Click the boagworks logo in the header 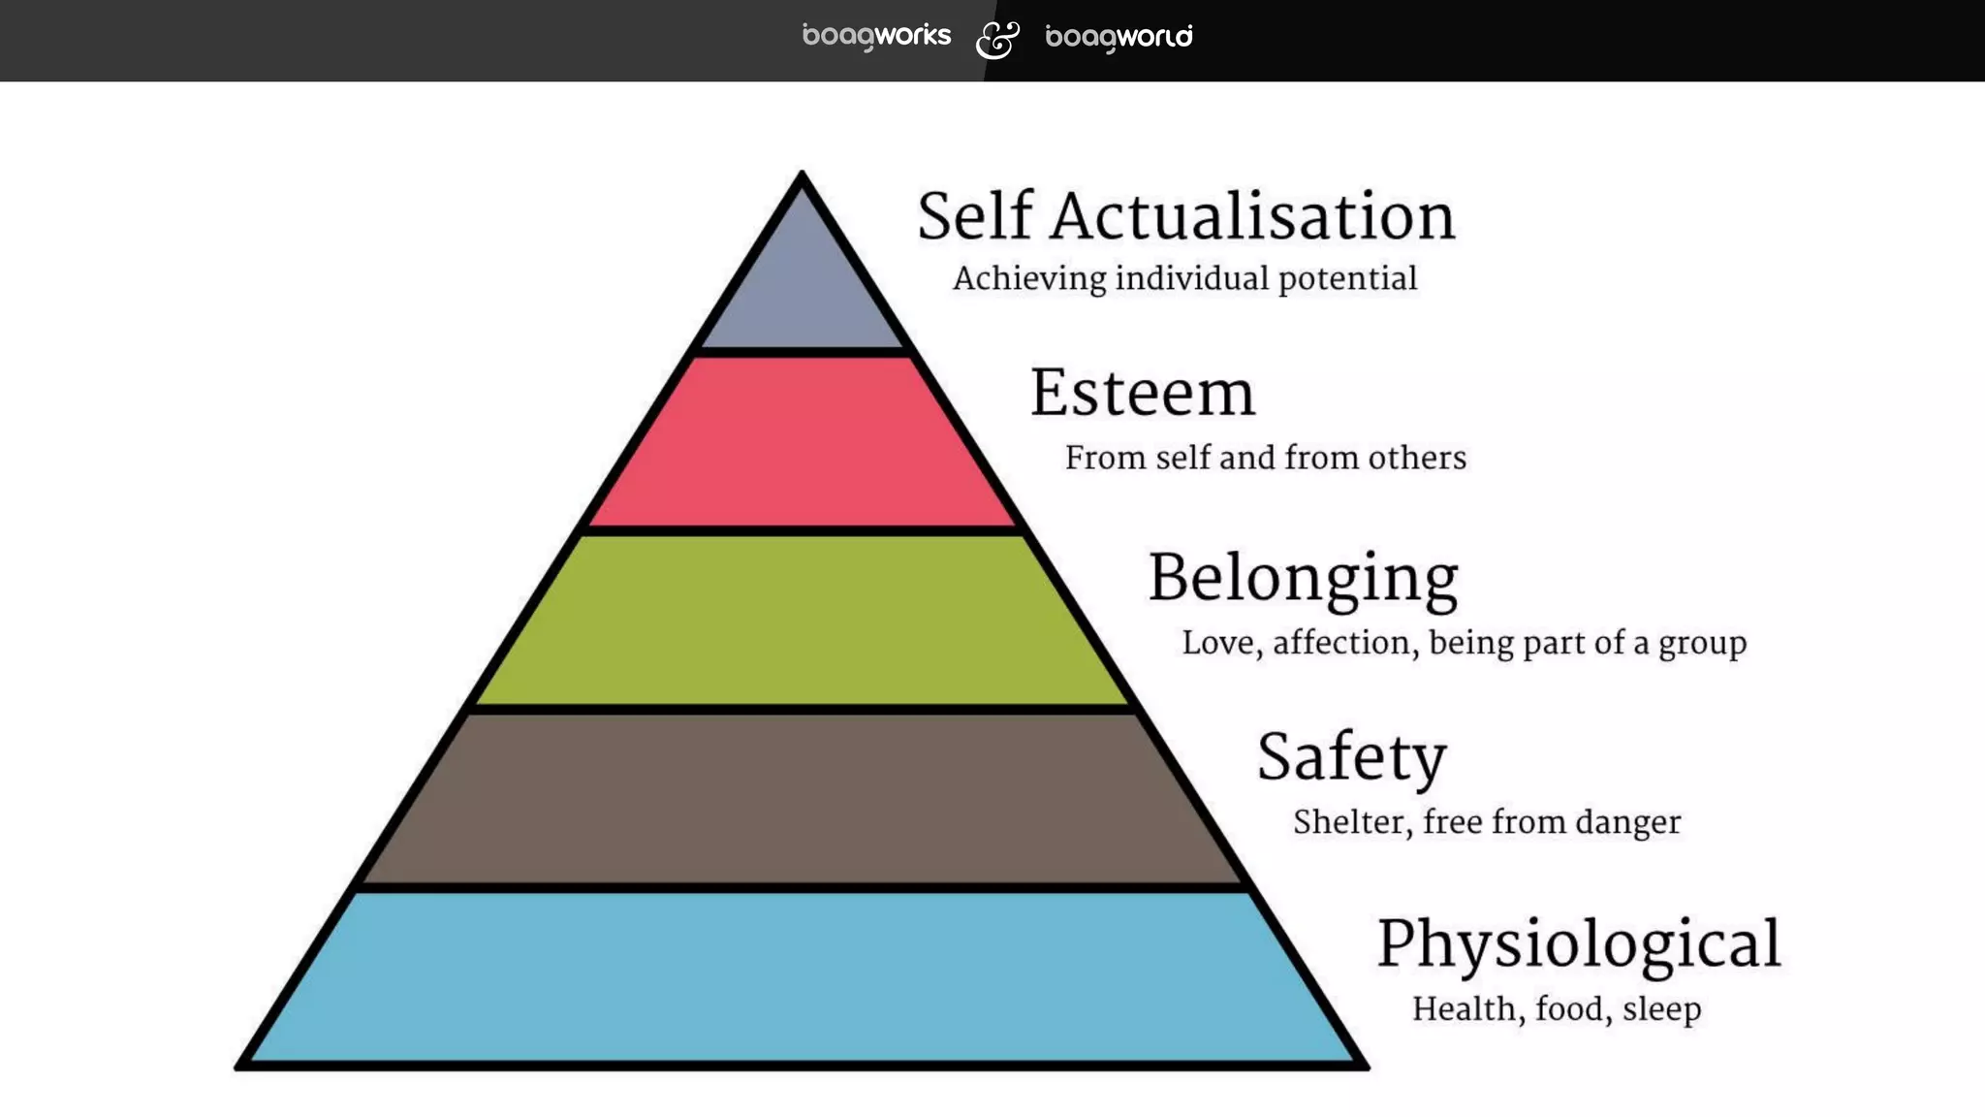[x=876, y=37]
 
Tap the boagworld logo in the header [x=1119, y=38]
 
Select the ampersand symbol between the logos [x=997, y=40]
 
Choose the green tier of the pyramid [x=802, y=621]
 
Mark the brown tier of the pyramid [x=802, y=799]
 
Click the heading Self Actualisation [x=1185, y=216]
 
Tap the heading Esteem [x=1142, y=394]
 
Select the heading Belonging [x=1303, y=579]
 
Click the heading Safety [x=1351, y=757]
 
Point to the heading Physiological [x=1579, y=944]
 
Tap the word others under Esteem [x=1417, y=458]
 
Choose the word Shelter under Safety [x=1352, y=822]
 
